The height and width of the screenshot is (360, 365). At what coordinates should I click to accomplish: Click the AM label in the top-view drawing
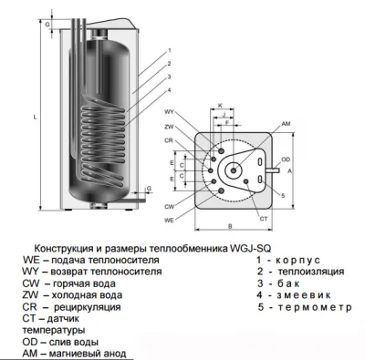286,124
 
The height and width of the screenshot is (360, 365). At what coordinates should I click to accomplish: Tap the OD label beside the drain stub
286,159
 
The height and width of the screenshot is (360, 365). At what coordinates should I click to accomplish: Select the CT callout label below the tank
264,219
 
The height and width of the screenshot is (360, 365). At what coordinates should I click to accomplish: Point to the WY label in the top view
169,112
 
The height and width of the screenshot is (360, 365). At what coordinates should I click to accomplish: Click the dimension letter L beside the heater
35,117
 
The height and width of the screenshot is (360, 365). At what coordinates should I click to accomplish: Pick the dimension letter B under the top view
230,226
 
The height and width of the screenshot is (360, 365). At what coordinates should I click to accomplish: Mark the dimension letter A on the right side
289,171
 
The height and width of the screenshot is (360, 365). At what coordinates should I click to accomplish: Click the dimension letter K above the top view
221,106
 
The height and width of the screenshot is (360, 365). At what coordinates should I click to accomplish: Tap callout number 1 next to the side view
170,50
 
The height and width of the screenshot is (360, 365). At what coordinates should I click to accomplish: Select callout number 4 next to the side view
169,90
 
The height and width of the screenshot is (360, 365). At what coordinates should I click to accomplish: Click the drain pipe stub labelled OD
273,170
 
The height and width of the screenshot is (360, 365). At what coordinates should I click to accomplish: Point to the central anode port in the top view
234,170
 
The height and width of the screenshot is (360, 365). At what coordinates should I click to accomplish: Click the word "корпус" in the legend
297,261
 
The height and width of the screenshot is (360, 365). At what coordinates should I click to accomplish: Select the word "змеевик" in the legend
304,295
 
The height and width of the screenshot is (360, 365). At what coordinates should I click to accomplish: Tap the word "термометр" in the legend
314,307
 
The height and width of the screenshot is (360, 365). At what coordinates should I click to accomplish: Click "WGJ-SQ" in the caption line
249,249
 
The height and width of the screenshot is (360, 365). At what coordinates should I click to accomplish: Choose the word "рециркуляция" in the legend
88,307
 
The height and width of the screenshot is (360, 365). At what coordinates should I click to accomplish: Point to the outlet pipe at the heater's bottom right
138,200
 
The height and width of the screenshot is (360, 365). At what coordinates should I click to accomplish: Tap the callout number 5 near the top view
283,196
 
